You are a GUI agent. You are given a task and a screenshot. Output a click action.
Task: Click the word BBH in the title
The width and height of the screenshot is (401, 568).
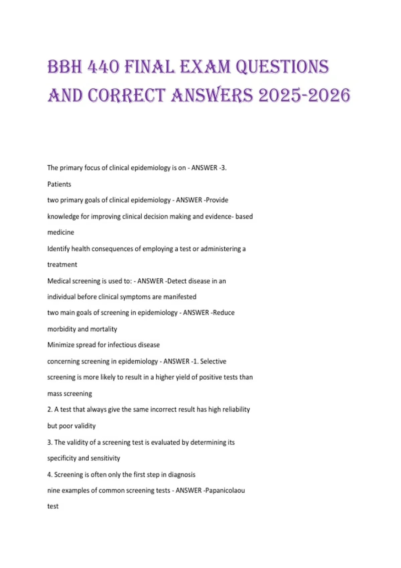pos(65,67)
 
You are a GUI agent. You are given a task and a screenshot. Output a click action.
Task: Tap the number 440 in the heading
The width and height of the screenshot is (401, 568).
pos(104,67)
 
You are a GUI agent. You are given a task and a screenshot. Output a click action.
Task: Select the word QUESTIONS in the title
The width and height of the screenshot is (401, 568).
pos(282,67)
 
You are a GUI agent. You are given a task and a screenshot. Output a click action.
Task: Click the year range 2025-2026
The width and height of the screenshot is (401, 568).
pos(304,96)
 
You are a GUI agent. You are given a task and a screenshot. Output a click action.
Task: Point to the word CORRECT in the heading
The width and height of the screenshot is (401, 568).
pos(127,96)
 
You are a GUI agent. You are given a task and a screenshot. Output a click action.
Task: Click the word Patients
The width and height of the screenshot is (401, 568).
pos(59,184)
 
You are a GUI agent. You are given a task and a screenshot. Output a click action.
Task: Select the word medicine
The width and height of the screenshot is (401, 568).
pos(61,232)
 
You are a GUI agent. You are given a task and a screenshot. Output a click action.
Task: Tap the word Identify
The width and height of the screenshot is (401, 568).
pos(58,249)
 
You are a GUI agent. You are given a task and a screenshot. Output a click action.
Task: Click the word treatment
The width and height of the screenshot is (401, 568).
pos(62,265)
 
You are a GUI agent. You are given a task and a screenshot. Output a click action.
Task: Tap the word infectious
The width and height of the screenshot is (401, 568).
pos(124,345)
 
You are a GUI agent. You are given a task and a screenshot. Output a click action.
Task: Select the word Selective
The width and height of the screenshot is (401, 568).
pos(213,361)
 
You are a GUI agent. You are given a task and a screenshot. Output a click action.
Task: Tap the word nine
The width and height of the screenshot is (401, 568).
pos(53,490)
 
